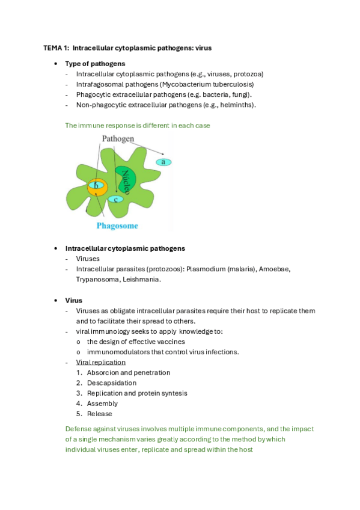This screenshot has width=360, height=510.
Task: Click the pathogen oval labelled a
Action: coord(163,162)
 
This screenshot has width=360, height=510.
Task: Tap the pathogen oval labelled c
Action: coord(115,199)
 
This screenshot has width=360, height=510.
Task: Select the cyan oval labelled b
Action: coord(96,186)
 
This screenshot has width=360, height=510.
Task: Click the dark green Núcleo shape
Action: coord(126,179)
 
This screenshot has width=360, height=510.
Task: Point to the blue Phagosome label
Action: coord(117,226)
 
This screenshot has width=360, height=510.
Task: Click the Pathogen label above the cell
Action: coord(118,138)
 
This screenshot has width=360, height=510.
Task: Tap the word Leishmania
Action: coord(141,279)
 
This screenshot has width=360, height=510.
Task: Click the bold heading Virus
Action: coord(73,300)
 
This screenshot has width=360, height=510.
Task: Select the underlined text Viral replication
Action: coord(101,362)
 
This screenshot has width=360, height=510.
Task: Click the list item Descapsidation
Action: coord(111,382)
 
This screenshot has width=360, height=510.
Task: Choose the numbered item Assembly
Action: coord(102,404)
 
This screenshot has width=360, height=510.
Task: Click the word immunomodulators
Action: coord(117,352)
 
